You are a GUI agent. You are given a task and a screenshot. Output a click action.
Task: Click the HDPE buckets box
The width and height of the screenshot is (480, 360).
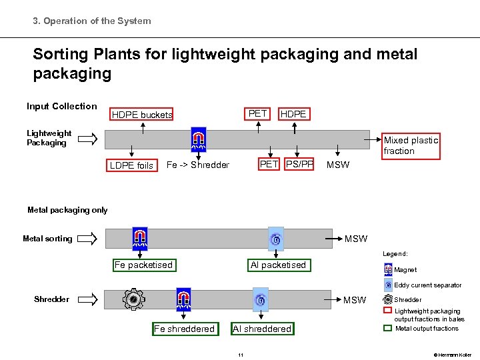click(x=141, y=115)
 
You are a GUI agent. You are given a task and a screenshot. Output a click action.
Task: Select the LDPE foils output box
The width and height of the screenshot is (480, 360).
click(x=131, y=165)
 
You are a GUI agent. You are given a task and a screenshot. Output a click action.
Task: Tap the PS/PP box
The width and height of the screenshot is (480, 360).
click(x=299, y=165)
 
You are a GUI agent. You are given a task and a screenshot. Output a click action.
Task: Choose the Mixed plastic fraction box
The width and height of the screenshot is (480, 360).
click(x=410, y=145)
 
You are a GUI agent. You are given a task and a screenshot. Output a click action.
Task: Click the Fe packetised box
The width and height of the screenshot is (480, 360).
click(x=143, y=265)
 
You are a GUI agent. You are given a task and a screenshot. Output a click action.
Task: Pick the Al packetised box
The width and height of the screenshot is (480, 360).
click(x=278, y=265)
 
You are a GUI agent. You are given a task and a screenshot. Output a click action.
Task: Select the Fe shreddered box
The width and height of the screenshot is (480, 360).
click(x=184, y=329)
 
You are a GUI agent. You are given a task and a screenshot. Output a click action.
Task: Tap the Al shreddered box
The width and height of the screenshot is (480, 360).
click(x=262, y=329)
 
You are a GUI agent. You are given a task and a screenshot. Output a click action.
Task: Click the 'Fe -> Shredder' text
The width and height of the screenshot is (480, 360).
click(x=197, y=165)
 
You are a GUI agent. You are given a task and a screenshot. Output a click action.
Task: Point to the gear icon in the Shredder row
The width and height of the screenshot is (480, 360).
click(x=133, y=301)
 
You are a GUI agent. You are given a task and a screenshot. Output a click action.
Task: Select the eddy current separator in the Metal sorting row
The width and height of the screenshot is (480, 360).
click(x=275, y=239)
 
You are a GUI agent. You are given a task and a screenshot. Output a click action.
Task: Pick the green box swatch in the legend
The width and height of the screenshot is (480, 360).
click(x=388, y=328)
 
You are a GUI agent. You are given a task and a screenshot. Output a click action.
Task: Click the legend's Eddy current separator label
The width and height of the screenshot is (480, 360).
click(x=427, y=285)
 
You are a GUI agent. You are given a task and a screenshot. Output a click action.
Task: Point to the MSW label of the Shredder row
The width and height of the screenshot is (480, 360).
click(x=355, y=300)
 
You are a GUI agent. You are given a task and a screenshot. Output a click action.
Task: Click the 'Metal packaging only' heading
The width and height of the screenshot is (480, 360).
click(x=67, y=211)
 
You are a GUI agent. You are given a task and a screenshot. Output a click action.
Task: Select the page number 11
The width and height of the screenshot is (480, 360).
click(x=240, y=355)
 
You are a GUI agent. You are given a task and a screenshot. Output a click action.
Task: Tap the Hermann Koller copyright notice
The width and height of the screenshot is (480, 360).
click(x=453, y=355)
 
